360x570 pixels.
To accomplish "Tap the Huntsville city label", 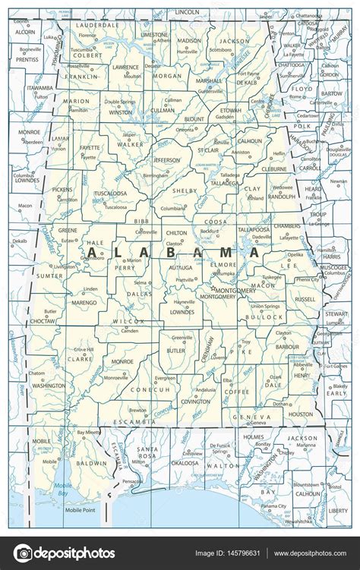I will tap(188, 51).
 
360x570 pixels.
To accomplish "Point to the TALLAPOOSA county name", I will tap(253, 228).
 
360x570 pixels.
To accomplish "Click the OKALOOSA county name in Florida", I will tap(185, 461).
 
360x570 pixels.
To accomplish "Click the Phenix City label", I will tap(307, 279).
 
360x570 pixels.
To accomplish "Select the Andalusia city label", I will tap(206, 389).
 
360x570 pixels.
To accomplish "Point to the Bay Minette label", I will tap(90, 432).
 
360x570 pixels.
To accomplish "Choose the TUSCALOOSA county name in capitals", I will tap(110, 194).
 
